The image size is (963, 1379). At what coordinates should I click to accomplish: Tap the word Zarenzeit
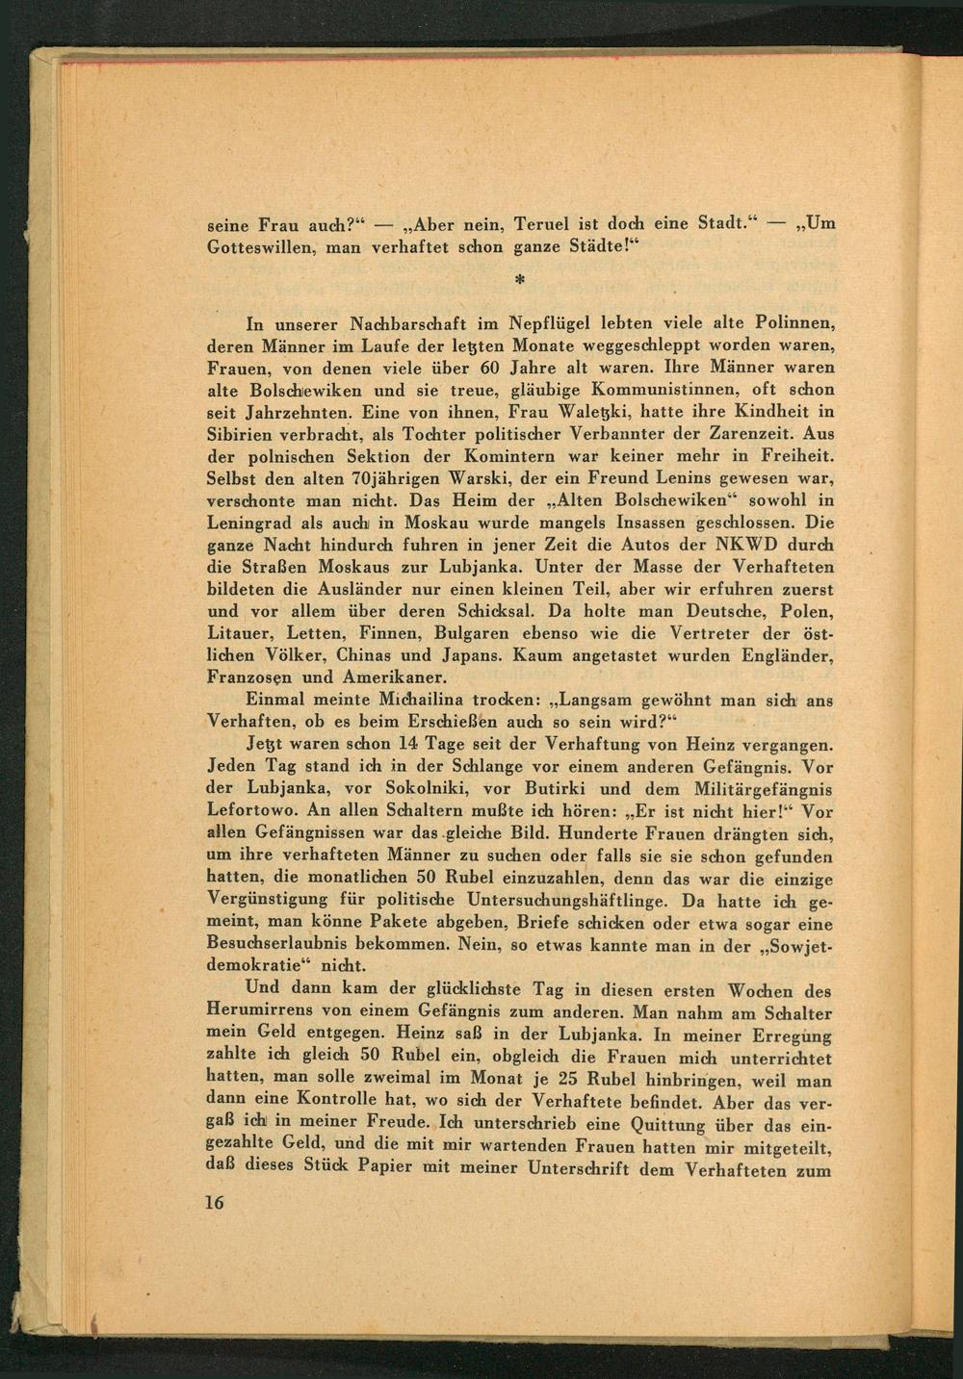748,434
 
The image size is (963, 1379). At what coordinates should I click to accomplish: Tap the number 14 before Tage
407,745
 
